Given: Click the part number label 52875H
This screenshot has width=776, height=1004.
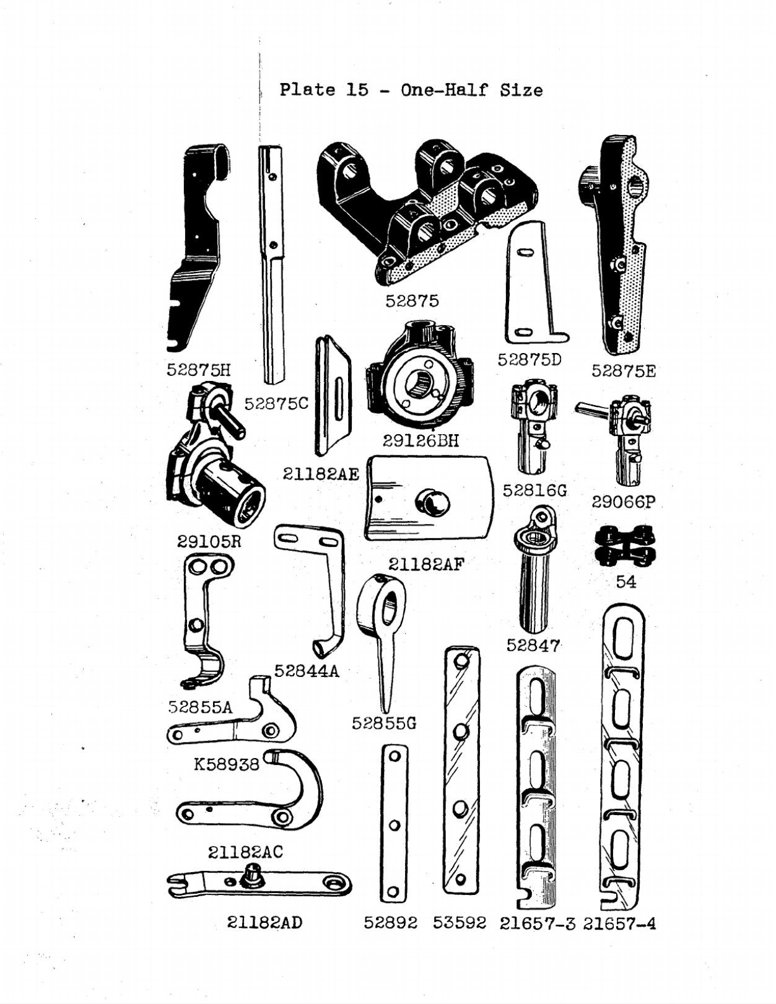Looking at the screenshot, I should [x=198, y=370].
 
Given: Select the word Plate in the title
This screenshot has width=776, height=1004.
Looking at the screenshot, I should [x=307, y=90].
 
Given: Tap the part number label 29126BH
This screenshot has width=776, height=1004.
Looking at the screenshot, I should [x=421, y=440].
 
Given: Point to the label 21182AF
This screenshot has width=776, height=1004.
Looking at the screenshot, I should [x=425, y=564].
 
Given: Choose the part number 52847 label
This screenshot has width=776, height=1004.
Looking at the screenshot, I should [x=533, y=645].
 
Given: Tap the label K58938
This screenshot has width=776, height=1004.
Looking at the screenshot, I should [x=226, y=764].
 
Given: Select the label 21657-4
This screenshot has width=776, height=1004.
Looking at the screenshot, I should [x=619, y=923].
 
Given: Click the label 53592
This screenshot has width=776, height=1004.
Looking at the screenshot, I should [x=459, y=923].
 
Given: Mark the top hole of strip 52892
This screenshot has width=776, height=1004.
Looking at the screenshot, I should [x=393, y=756].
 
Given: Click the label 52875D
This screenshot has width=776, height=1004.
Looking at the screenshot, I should [x=530, y=360].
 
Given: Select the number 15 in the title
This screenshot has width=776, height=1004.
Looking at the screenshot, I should [x=357, y=90].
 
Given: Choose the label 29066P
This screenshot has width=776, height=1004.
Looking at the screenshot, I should [x=622, y=501].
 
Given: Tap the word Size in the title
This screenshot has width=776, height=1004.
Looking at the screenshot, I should [x=522, y=90].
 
